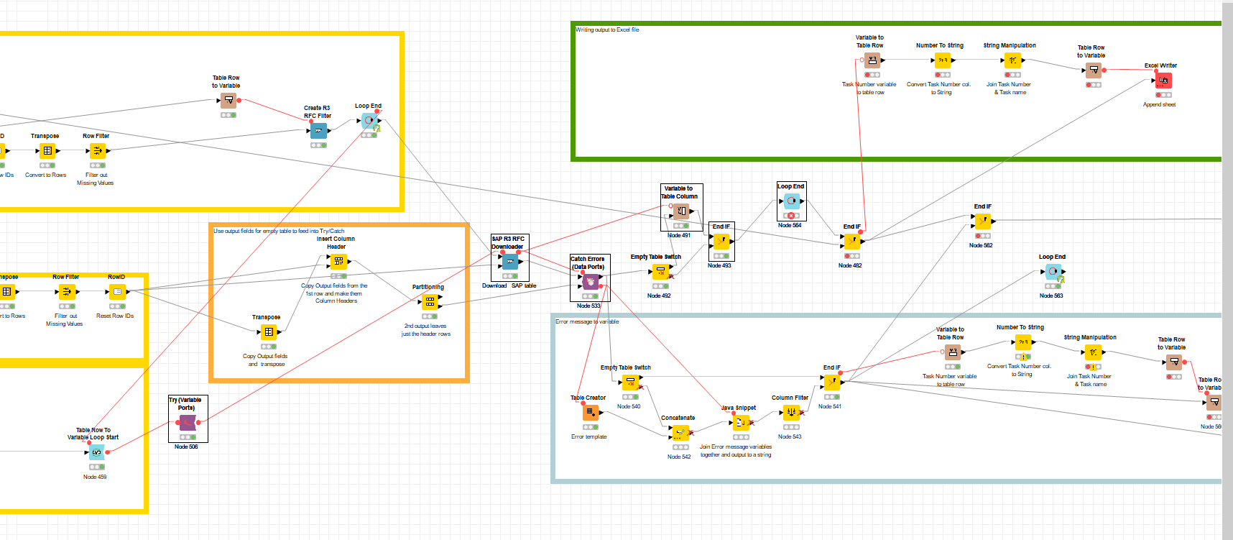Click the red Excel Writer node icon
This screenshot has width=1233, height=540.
pos(1164,81)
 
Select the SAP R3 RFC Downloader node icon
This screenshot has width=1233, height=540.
pos(510,262)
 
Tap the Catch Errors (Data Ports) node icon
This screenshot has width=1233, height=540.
pos(591,282)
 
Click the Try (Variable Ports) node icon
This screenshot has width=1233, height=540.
pos(188,423)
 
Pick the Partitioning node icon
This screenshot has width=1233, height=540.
pos(430,302)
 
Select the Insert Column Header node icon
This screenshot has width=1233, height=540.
pos(338,262)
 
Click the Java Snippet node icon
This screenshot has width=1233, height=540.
pos(741,423)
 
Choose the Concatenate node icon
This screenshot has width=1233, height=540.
pos(679,433)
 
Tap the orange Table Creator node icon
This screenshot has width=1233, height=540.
pos(590,413)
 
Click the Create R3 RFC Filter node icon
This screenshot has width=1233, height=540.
pos(318,131)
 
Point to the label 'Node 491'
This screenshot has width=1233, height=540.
pos(679,235)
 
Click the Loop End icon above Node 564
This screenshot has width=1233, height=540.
pos(791,201)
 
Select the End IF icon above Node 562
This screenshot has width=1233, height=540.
pos(983,221)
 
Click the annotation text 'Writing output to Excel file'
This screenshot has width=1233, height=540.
pos(607,30)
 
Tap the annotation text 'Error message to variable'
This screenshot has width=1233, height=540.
pos(587,321)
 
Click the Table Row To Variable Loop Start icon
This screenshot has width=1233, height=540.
pos(96,452)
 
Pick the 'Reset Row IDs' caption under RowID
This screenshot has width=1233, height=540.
pos(115,316)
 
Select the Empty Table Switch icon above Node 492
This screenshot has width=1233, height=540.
pos(660,272)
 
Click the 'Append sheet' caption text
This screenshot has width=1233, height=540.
pos(1159,104)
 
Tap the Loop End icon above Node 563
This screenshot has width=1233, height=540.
pos(1053,272)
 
